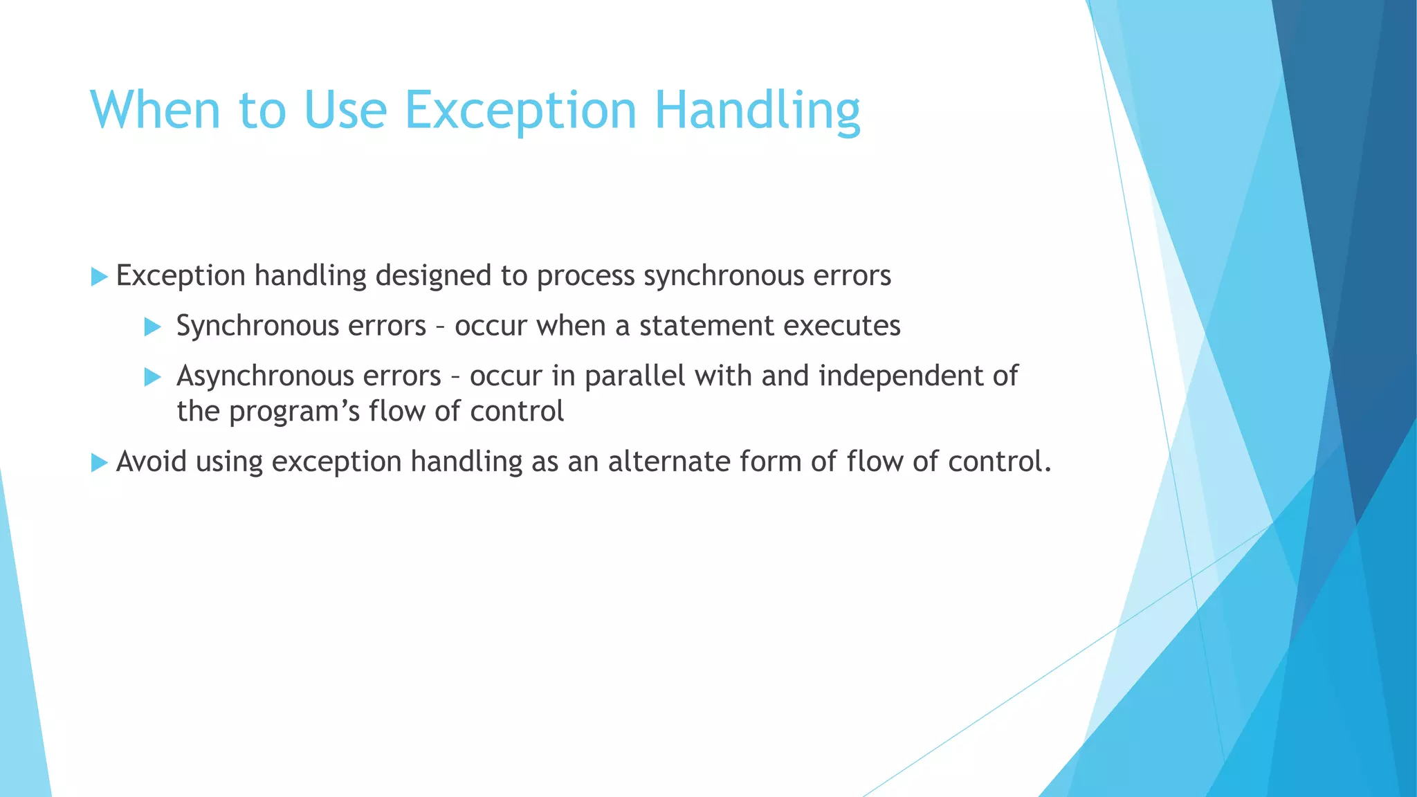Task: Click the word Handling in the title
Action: [x=757, y=111]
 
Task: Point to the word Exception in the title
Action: [x=520, y=111]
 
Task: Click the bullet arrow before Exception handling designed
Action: [x=100, y=277]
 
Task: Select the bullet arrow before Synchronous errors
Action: [x=153, y=327]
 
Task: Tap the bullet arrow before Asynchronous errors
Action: [x=153, y=377]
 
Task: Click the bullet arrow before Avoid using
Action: [x=100, y=462]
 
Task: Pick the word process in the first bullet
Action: [x=585, y=276]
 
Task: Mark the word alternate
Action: [x=668, y=461]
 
